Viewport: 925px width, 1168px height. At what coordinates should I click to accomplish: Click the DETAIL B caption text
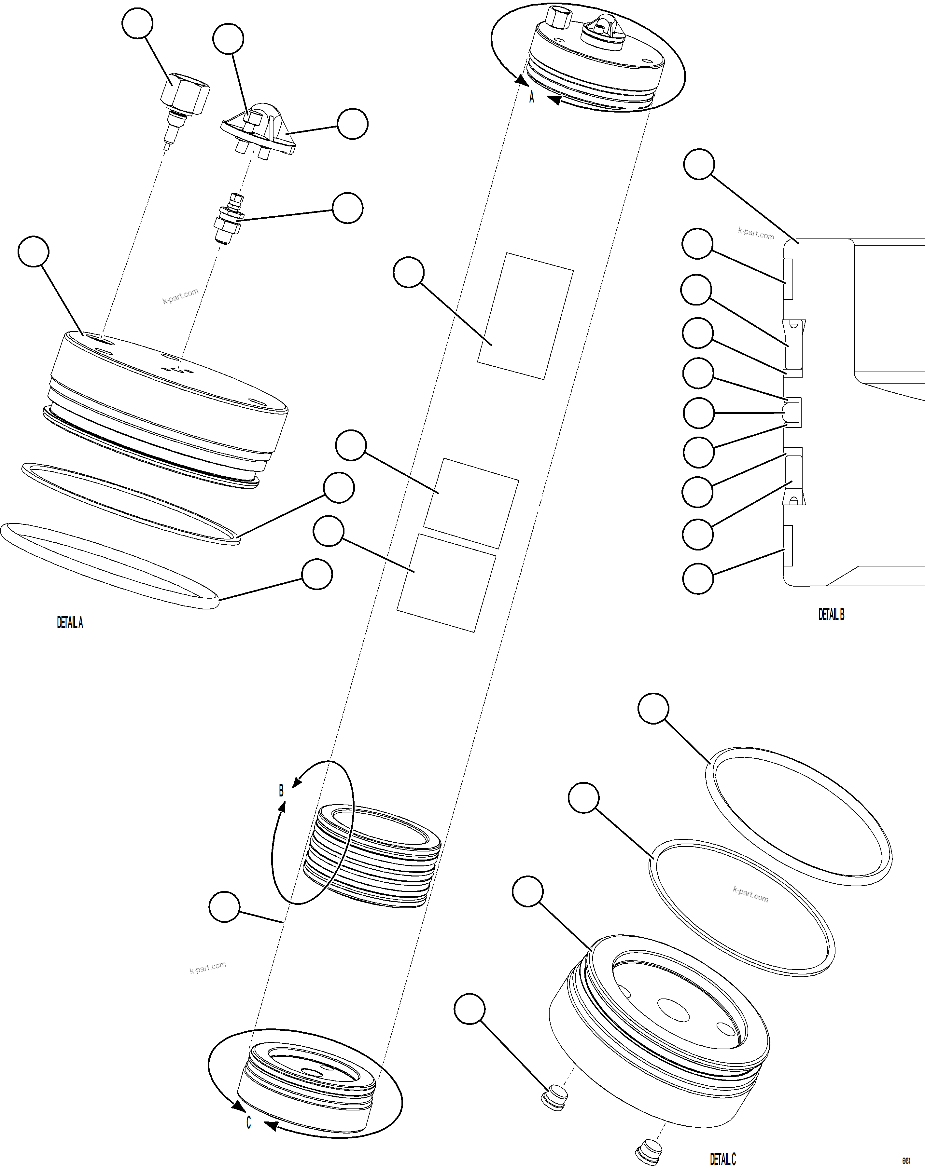click(831, 614)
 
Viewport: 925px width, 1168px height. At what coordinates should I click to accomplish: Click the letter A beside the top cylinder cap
click(531, 97)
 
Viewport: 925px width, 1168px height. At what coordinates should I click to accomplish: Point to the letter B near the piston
click(281, 791)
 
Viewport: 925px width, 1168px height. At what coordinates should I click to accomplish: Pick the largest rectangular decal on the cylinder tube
click(525, 316)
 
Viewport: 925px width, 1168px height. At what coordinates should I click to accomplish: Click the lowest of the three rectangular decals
click(447, 583)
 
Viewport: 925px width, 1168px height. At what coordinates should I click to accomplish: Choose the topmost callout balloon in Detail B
click(699, 164)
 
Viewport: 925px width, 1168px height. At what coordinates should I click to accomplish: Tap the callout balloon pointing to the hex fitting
click(137, 23)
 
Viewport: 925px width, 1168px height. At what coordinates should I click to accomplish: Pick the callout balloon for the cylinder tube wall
click(224, 906)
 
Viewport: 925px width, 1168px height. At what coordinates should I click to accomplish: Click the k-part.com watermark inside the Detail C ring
click(750, 894)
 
